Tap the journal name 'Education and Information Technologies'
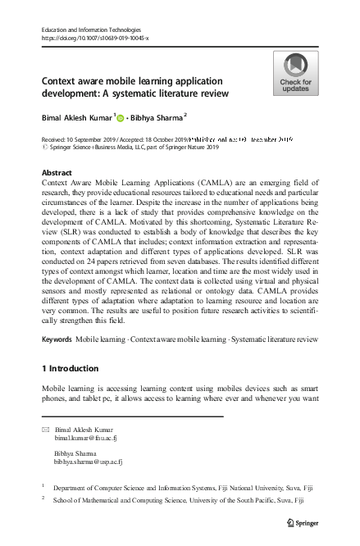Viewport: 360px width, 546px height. pos(95,29)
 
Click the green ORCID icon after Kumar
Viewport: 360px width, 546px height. pos(121,118)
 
